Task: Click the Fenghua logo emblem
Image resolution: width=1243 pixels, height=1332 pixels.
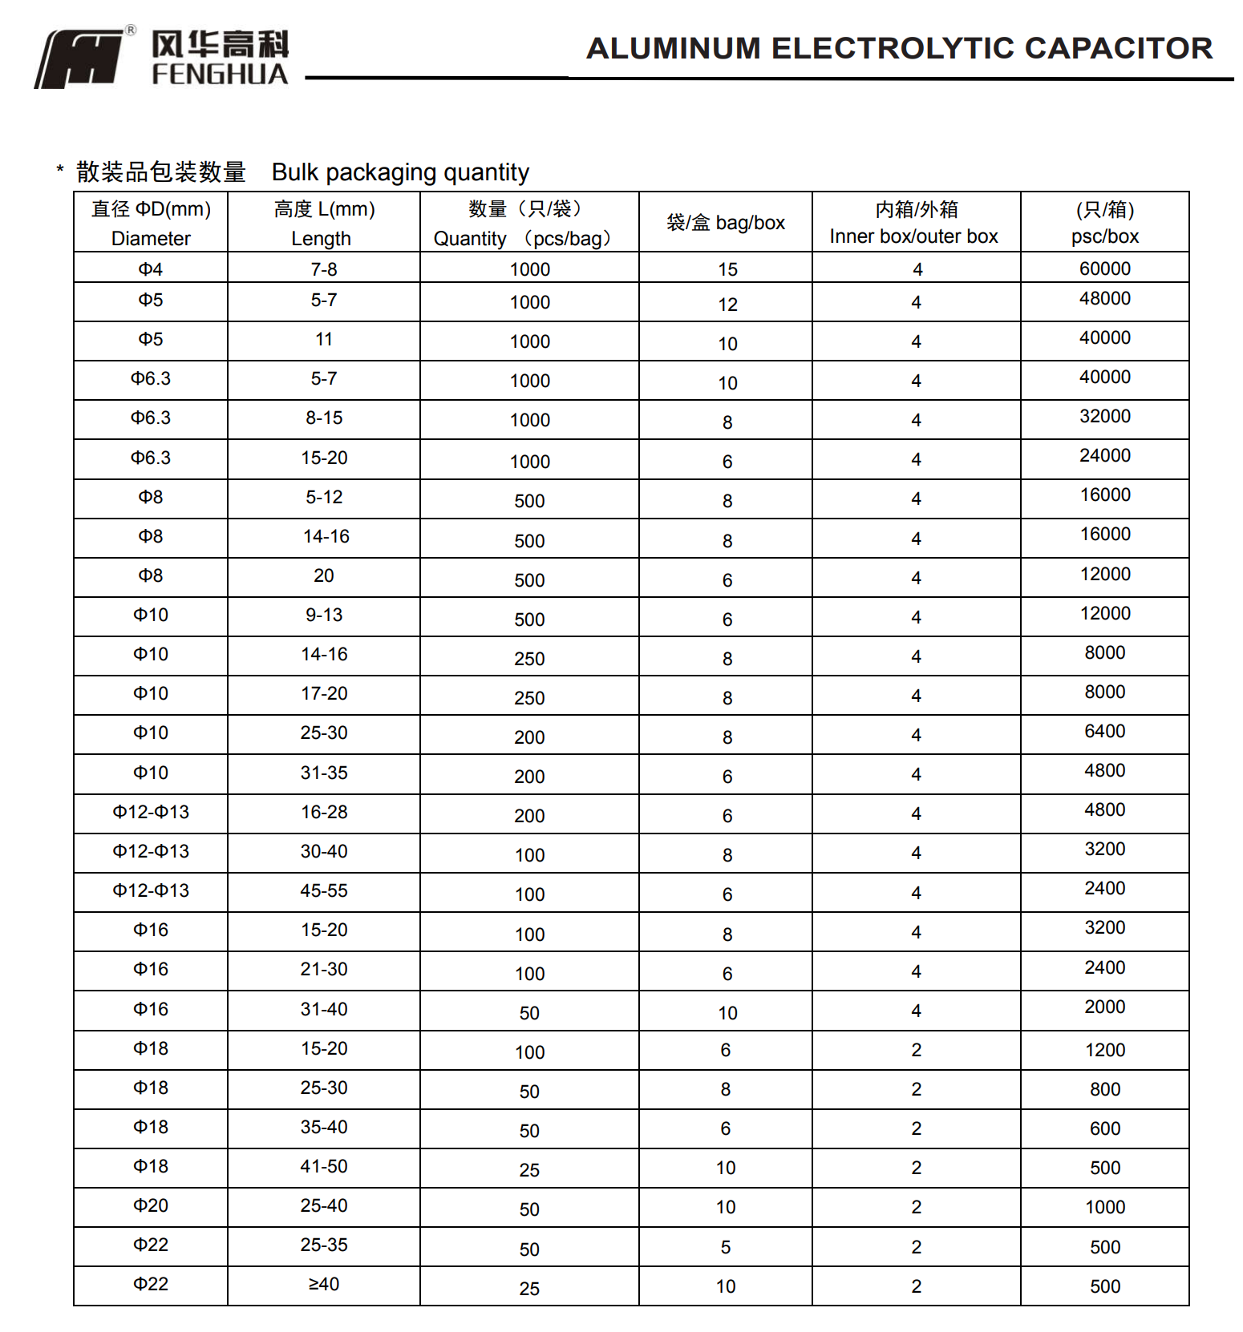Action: click(80, 59)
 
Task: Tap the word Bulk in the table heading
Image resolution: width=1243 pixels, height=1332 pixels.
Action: click(295, 172)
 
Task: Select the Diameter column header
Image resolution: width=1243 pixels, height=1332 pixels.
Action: click(151, 224)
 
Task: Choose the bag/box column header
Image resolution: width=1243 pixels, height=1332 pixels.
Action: click(726, 223)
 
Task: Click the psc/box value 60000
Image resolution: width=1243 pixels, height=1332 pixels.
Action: click(1104, 268)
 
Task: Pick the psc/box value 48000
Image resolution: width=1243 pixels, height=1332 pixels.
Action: click(1104, 298)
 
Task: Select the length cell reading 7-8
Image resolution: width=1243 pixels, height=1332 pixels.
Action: click(324, 269)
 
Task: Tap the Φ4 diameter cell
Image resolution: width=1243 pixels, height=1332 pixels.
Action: click(151, 269)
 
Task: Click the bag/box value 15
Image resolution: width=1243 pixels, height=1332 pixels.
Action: click(727, 270)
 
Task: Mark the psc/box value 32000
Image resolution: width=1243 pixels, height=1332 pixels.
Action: click(1104, 416)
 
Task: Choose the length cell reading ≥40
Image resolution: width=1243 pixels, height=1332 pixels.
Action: click(324, 1284)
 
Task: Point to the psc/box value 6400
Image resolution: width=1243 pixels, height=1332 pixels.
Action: click(1104, 731)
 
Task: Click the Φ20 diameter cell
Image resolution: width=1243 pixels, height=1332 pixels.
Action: click(151, 1205)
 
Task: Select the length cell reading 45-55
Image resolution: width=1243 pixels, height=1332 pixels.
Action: click(324, 890)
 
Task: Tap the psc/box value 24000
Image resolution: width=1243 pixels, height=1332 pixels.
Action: click(1104, 455)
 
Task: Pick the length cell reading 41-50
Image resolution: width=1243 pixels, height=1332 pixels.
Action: click(324, 1166)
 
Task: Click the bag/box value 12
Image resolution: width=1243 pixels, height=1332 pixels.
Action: click(727, 305)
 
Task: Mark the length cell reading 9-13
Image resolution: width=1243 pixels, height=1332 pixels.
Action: click(324, 615)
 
